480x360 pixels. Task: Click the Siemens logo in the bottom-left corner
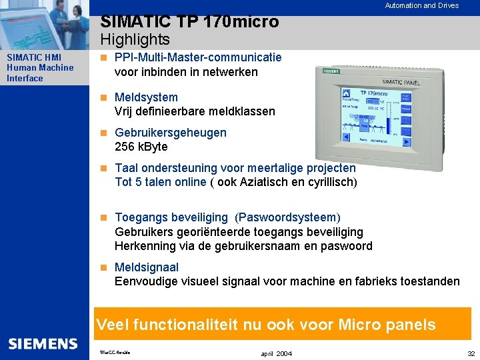point(43,344)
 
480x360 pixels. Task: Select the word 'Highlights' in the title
point(135,40)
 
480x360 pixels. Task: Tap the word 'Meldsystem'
point(146,97)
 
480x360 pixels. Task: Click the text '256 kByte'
point(141,147)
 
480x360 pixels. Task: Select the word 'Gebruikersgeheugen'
point(170,133)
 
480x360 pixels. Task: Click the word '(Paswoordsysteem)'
point(287,217)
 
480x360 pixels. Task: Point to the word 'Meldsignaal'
point(146,267)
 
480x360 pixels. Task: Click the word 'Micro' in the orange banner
point(361,325)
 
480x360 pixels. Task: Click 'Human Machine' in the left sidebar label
point(40,67)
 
